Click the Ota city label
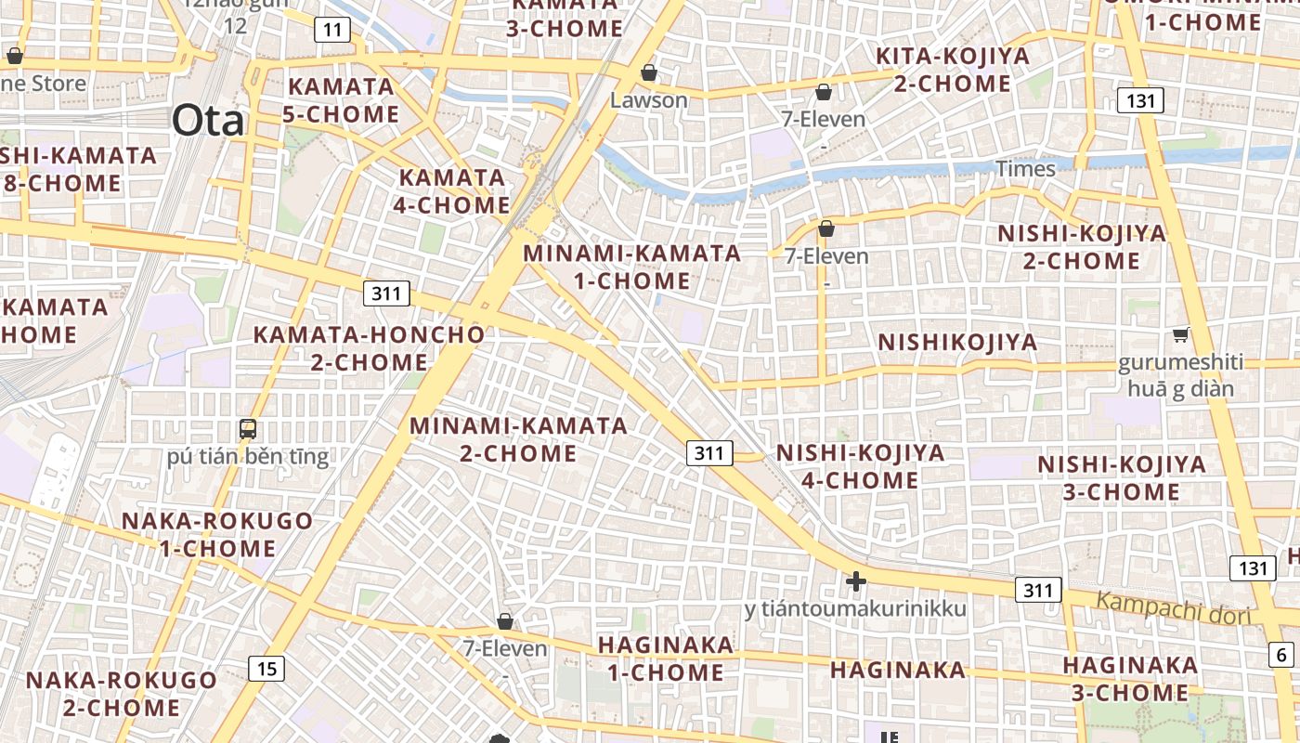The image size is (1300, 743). click(208, 121)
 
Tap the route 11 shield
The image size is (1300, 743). click(332, 30)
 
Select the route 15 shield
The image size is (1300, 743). click(266, 668)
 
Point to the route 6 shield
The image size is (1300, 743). click(1281, 654)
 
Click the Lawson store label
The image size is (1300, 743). click(649, 99)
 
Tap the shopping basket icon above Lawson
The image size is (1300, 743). click(649, 72)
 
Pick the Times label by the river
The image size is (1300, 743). click(1026, 168)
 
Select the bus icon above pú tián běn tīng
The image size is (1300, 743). click(247, 429)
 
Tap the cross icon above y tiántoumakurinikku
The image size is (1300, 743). click(855, 582)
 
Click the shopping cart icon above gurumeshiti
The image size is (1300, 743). click(1180, 335)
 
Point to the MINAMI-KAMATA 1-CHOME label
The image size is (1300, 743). click(632, 267)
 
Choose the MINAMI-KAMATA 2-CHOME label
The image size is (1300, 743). click(519, 439)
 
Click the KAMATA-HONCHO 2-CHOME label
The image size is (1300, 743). click(370, 348)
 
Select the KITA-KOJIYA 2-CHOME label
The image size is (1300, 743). click(953, 70)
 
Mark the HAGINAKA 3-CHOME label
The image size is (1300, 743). click(1130, 679)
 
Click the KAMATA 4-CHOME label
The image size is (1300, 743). click(452, 191)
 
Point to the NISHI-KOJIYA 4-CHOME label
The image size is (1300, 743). click(860, 466)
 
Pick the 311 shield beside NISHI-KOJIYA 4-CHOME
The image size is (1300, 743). click(708, 453)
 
